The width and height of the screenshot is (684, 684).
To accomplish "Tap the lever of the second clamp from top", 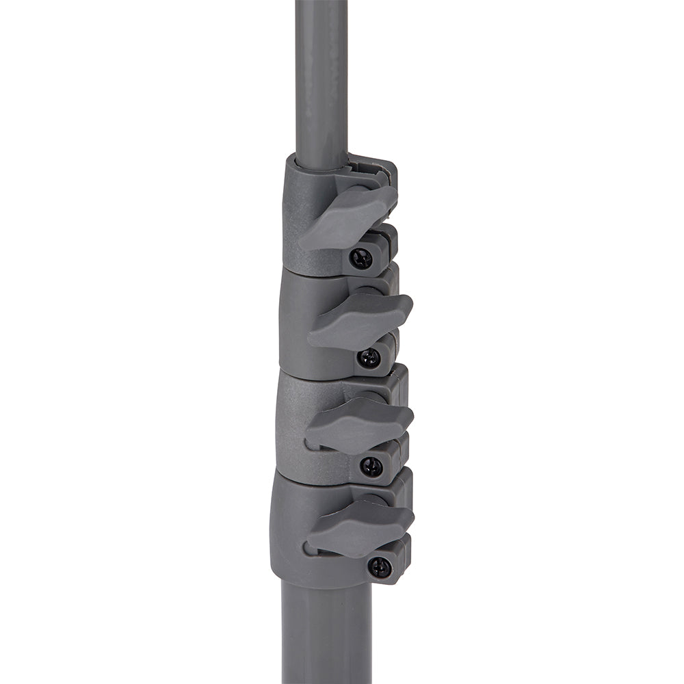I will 361,319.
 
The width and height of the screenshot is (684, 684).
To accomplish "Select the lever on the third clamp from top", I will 360,424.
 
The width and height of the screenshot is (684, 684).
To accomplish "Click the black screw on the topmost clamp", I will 360,258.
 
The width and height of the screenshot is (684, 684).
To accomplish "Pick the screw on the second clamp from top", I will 369,358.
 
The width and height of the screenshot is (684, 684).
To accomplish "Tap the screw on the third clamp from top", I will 371,467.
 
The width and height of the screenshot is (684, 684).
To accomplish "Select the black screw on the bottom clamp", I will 379,567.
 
